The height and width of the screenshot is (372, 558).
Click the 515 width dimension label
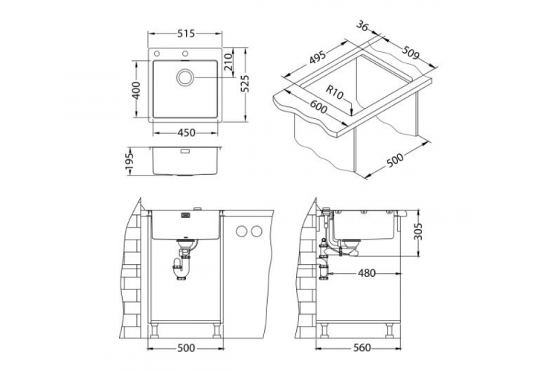pos(186,33)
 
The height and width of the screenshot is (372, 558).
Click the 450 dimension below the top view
pos(186,133)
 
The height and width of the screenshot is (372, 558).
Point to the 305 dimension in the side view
pos(420,231)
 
